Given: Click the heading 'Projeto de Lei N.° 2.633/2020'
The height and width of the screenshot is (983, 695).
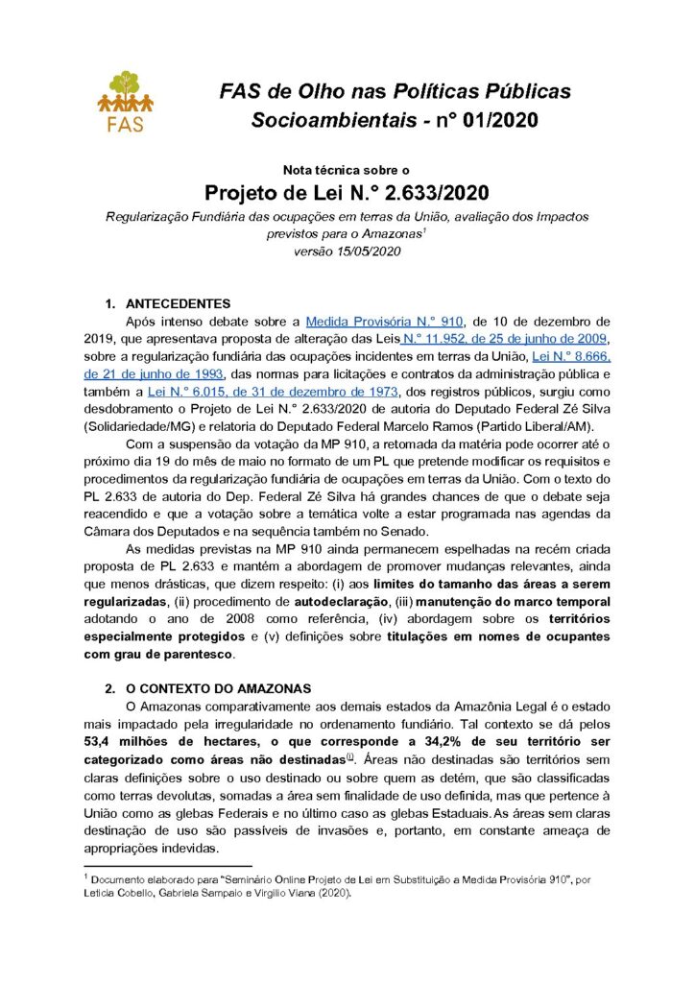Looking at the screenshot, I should point(347,190).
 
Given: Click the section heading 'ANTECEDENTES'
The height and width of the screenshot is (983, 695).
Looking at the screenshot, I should point(178,303).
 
